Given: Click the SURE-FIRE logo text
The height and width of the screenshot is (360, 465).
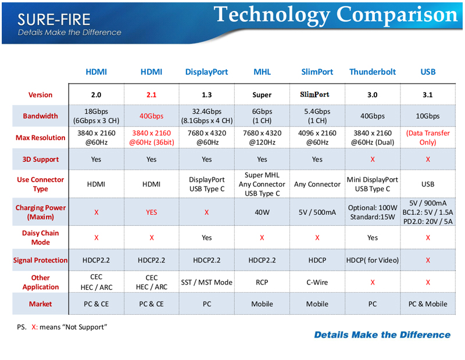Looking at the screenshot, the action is (53, 20).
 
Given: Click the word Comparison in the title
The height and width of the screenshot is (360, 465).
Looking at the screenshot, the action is (397, 15).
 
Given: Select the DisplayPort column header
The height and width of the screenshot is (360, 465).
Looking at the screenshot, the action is (207, 72).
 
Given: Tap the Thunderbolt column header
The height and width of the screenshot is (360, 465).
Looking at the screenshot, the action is (373, 71).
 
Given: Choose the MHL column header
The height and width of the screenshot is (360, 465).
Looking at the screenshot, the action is (262, 71).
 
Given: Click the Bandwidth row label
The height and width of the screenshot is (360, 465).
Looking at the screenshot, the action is (40, 116).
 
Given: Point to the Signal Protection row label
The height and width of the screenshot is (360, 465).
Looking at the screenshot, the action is (40, 260).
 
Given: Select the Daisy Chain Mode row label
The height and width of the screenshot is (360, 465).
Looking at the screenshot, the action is (40, 237).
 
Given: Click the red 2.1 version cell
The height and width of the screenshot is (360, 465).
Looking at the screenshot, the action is (151, 95).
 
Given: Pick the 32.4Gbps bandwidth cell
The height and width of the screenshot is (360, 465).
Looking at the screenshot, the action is (207, 116).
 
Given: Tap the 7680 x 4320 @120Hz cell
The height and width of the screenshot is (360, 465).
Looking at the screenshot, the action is (262, 138).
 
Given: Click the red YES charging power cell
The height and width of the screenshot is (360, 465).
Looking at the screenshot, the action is (151, 212).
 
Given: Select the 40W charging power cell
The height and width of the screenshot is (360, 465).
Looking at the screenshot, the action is (262, 212).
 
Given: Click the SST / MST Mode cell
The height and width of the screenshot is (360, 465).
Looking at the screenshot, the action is (207, 282).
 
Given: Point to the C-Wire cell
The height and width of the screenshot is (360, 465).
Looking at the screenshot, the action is (317, 282).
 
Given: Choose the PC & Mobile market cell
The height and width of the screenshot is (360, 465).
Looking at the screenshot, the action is (428, 304).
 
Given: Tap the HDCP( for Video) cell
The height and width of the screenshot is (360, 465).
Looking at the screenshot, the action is (373, 260).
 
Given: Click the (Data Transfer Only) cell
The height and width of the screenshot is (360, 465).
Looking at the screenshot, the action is (428, 138).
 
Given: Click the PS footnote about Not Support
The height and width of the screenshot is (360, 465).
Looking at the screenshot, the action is (62, 327).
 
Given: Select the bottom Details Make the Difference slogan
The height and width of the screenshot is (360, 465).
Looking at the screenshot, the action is (382, 335).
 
